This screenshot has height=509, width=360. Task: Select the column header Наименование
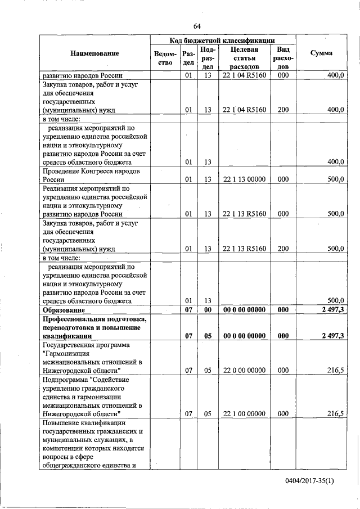pyautogui.click(x=94, y=53)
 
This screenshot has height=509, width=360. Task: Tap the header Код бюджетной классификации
pyautogui.click(x=222, y=40)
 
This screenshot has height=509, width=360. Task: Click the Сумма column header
pyautogui.click(x=321, y=53)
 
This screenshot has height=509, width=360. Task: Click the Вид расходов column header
pyautogui.click(x=283, y=57)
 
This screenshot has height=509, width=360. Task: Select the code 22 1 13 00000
pyautogui.click(x=244, y=179)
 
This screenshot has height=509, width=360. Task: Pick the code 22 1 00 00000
pyautogui.click(x=244, y=413)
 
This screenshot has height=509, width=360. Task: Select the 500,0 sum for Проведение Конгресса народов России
pyautogui.click(x=335, y=179)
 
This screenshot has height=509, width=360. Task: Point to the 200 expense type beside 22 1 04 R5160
pyautogui.click(x=283, y=110)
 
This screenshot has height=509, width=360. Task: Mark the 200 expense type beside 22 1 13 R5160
pyautogui.click(x=283, y=248)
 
